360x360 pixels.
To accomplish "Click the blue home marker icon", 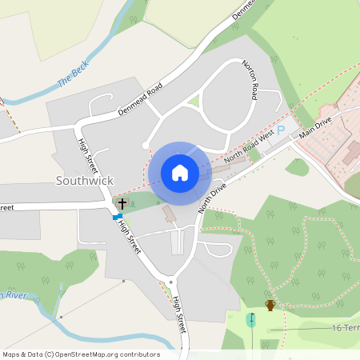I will click(180, 172).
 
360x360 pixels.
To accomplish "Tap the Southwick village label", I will click(85, 181).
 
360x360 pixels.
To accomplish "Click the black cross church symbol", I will click(122, 204).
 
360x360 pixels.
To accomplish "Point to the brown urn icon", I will click(270, 305).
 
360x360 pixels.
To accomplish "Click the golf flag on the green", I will click(252, 318).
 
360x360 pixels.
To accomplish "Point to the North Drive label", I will click(214, 196).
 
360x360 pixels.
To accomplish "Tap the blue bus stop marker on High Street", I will click(118, 216).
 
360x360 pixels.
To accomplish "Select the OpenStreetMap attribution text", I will click(81, 354).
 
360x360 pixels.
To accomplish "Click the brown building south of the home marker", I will click(169, 214).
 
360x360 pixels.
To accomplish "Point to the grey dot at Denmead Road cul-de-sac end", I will click(145, 146).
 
